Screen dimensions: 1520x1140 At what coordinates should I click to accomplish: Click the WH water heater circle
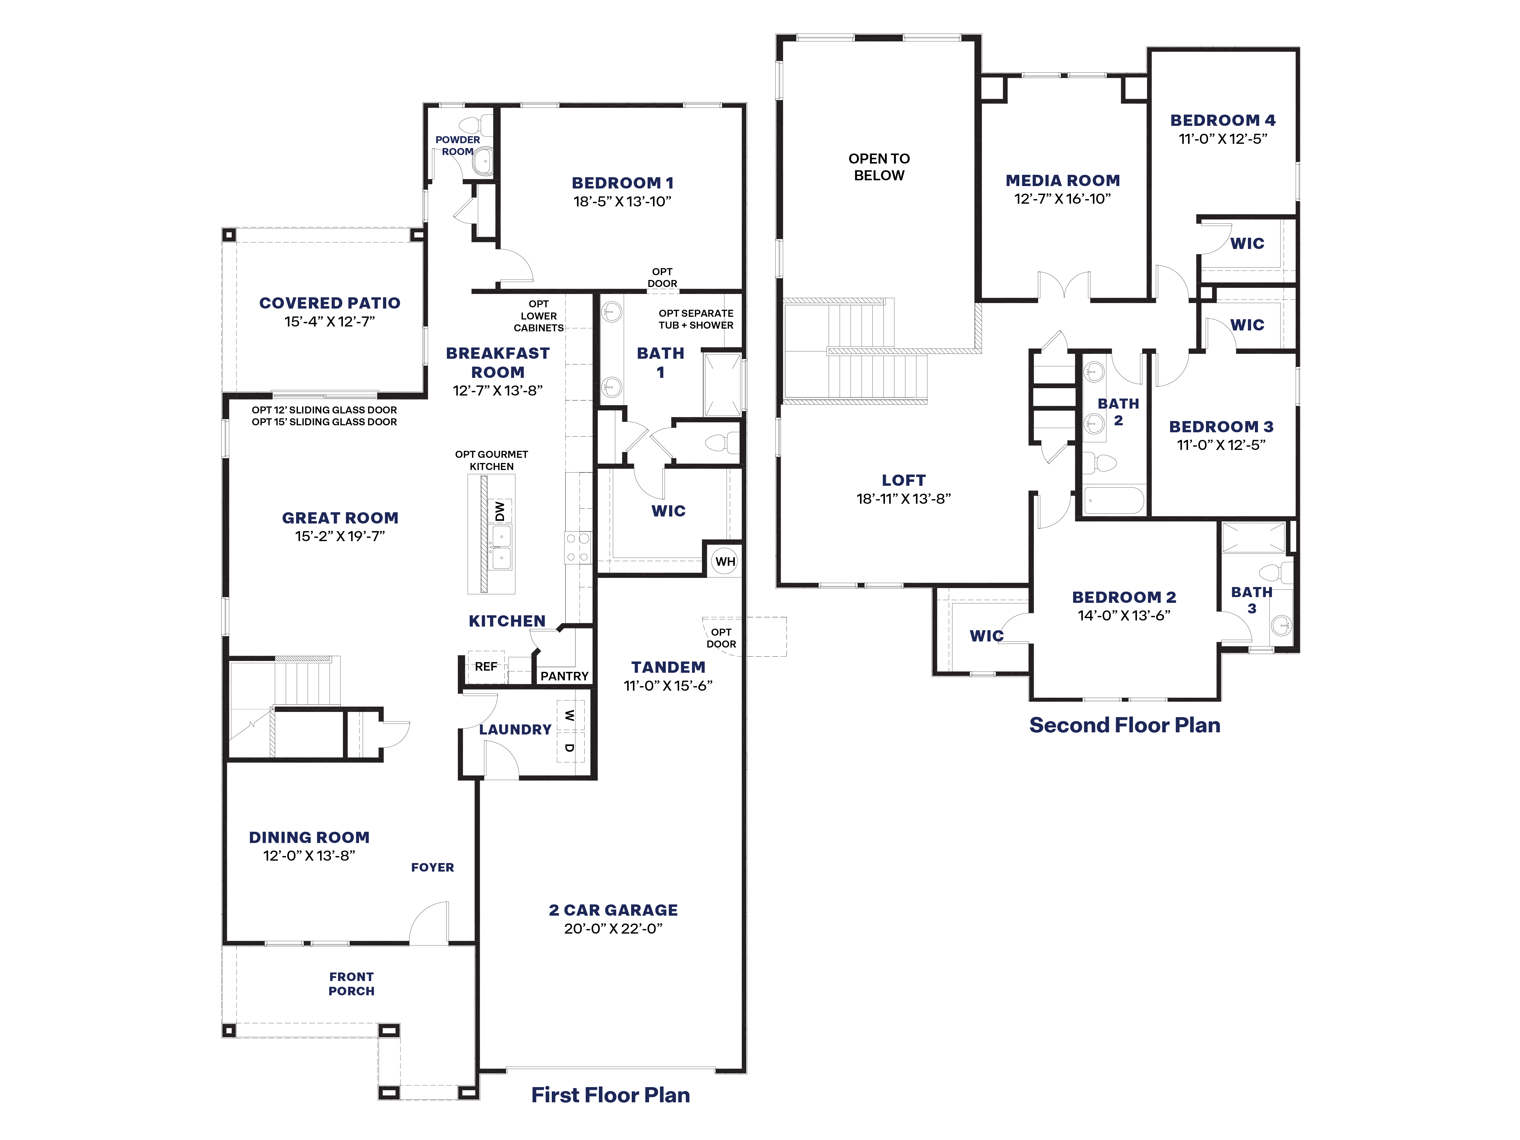click(725, 561)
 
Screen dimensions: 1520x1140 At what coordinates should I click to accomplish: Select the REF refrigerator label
click(486, 667)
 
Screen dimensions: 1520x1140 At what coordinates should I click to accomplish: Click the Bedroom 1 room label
click(623, 183)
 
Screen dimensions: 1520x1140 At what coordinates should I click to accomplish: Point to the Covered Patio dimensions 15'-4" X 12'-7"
click(330, 322)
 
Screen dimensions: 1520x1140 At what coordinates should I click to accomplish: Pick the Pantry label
click(564, 676)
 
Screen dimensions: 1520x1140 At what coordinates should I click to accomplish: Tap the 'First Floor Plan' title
click(610, 1095)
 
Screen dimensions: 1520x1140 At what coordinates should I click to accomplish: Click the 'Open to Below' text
click(879, 167)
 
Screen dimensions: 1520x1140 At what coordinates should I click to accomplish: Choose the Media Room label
click(1062, 181)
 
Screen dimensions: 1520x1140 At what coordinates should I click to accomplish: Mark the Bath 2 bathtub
click(1114, 500)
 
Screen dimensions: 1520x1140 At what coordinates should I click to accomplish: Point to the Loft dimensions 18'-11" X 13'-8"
click(903, 499)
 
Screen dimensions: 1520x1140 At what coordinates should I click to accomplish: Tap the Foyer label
click(432, 867)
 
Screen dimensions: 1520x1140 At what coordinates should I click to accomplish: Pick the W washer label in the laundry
click(569, 715)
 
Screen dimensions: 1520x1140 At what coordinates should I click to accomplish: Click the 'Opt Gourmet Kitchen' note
click(491, 460)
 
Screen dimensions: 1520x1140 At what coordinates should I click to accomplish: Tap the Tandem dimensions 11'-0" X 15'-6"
click(668, 686)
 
